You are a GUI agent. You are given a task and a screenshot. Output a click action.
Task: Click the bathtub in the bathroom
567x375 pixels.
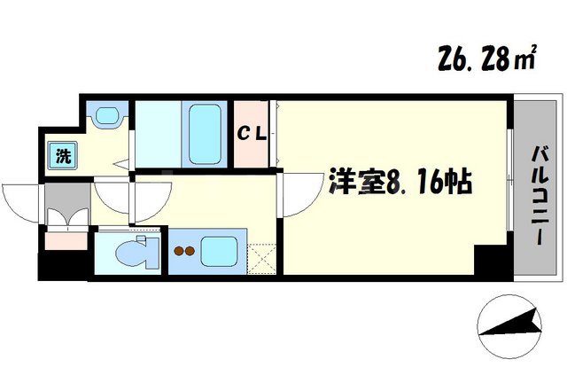(x=206, y=133)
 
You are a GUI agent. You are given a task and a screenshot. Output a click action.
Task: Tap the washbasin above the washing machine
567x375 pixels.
(x=108, y=116)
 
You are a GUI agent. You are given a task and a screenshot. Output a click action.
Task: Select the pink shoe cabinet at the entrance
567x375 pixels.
(x=64, y=238)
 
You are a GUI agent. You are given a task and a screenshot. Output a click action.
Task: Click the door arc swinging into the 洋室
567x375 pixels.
(x=298, y=195)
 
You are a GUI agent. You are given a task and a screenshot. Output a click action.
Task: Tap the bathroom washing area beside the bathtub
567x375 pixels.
(x=158, y=133)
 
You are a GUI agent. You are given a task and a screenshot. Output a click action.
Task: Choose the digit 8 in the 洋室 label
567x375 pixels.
(x=394, y=184)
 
